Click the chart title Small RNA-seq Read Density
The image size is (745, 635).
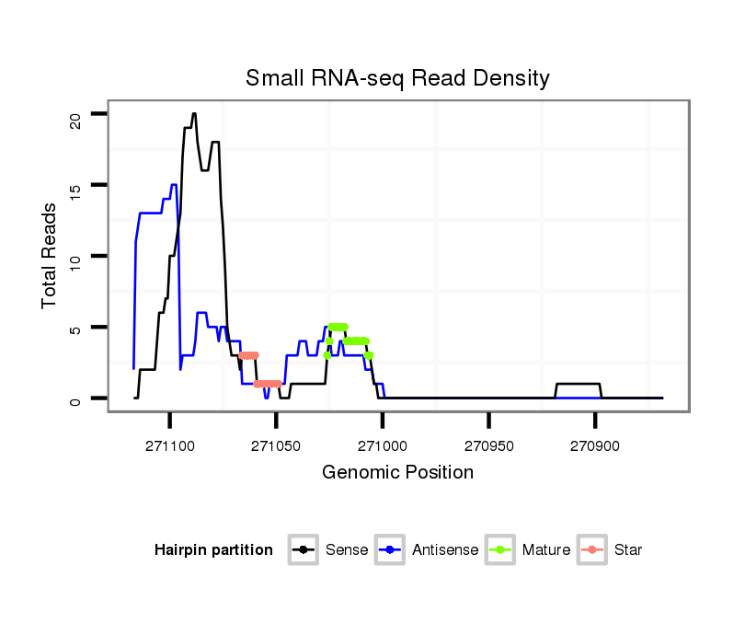(x=397, y=78)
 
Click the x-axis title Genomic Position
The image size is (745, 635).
(x=397, y=473)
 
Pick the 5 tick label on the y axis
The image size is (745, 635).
(x=76, y=327)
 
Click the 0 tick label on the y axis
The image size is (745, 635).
(x=76, y=398)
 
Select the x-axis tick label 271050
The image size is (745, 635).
(x=276, y=444)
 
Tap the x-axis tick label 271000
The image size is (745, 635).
(x=383, y=444)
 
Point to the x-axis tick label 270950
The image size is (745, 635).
(x=488, y=444)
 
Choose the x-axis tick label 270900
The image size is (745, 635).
(x=595, y=444)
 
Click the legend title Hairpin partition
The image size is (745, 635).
(x=213, y=550)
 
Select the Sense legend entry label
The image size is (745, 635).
(x=347, y=550)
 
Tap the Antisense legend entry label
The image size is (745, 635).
(x=445, y=550)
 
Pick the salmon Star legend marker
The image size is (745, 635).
(x=592, y=550)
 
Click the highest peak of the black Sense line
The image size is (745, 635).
(x=194, y=114)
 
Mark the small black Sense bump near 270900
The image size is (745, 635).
(x=579, y=384)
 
